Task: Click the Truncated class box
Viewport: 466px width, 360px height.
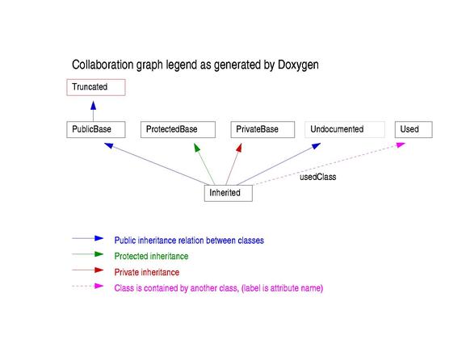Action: click(x=96, y=87)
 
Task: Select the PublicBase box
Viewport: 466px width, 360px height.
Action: click(x=96, y=129)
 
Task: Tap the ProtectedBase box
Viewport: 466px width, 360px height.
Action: click(x=178, y=129)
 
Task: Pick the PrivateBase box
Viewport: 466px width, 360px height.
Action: click(x=262, y=129)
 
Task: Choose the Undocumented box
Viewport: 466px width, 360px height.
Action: click(x=345, y=129)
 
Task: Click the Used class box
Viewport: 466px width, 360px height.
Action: click(x=414, y=129)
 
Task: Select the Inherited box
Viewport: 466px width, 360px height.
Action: click(x=229, y=193)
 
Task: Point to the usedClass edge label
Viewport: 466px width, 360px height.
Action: click(x=318, y=177)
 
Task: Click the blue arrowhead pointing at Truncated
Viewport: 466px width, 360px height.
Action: click(x=94, y=106)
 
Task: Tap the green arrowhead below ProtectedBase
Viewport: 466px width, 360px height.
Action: click(x=197, y=148)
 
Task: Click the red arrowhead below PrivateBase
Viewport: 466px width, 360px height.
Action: click(x=239, y=148)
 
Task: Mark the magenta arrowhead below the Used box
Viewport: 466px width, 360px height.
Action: click(x=401, y=144)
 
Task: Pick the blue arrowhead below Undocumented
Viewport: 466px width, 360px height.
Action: click(x=316, y=146)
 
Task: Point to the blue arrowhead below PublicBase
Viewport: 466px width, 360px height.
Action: click(x=109, y=145)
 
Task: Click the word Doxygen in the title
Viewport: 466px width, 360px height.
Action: click(x=298, y=65)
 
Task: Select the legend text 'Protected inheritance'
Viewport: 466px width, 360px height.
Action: click(x=151, y=256)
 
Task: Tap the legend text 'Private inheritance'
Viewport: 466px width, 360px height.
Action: click(x=147, y=272)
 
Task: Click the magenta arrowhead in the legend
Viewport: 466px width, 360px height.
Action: click(x=99, y=286)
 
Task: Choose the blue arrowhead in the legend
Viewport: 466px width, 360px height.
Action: click(x=99, y=238)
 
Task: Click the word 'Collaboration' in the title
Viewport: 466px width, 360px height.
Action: click(x=103, y=65)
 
